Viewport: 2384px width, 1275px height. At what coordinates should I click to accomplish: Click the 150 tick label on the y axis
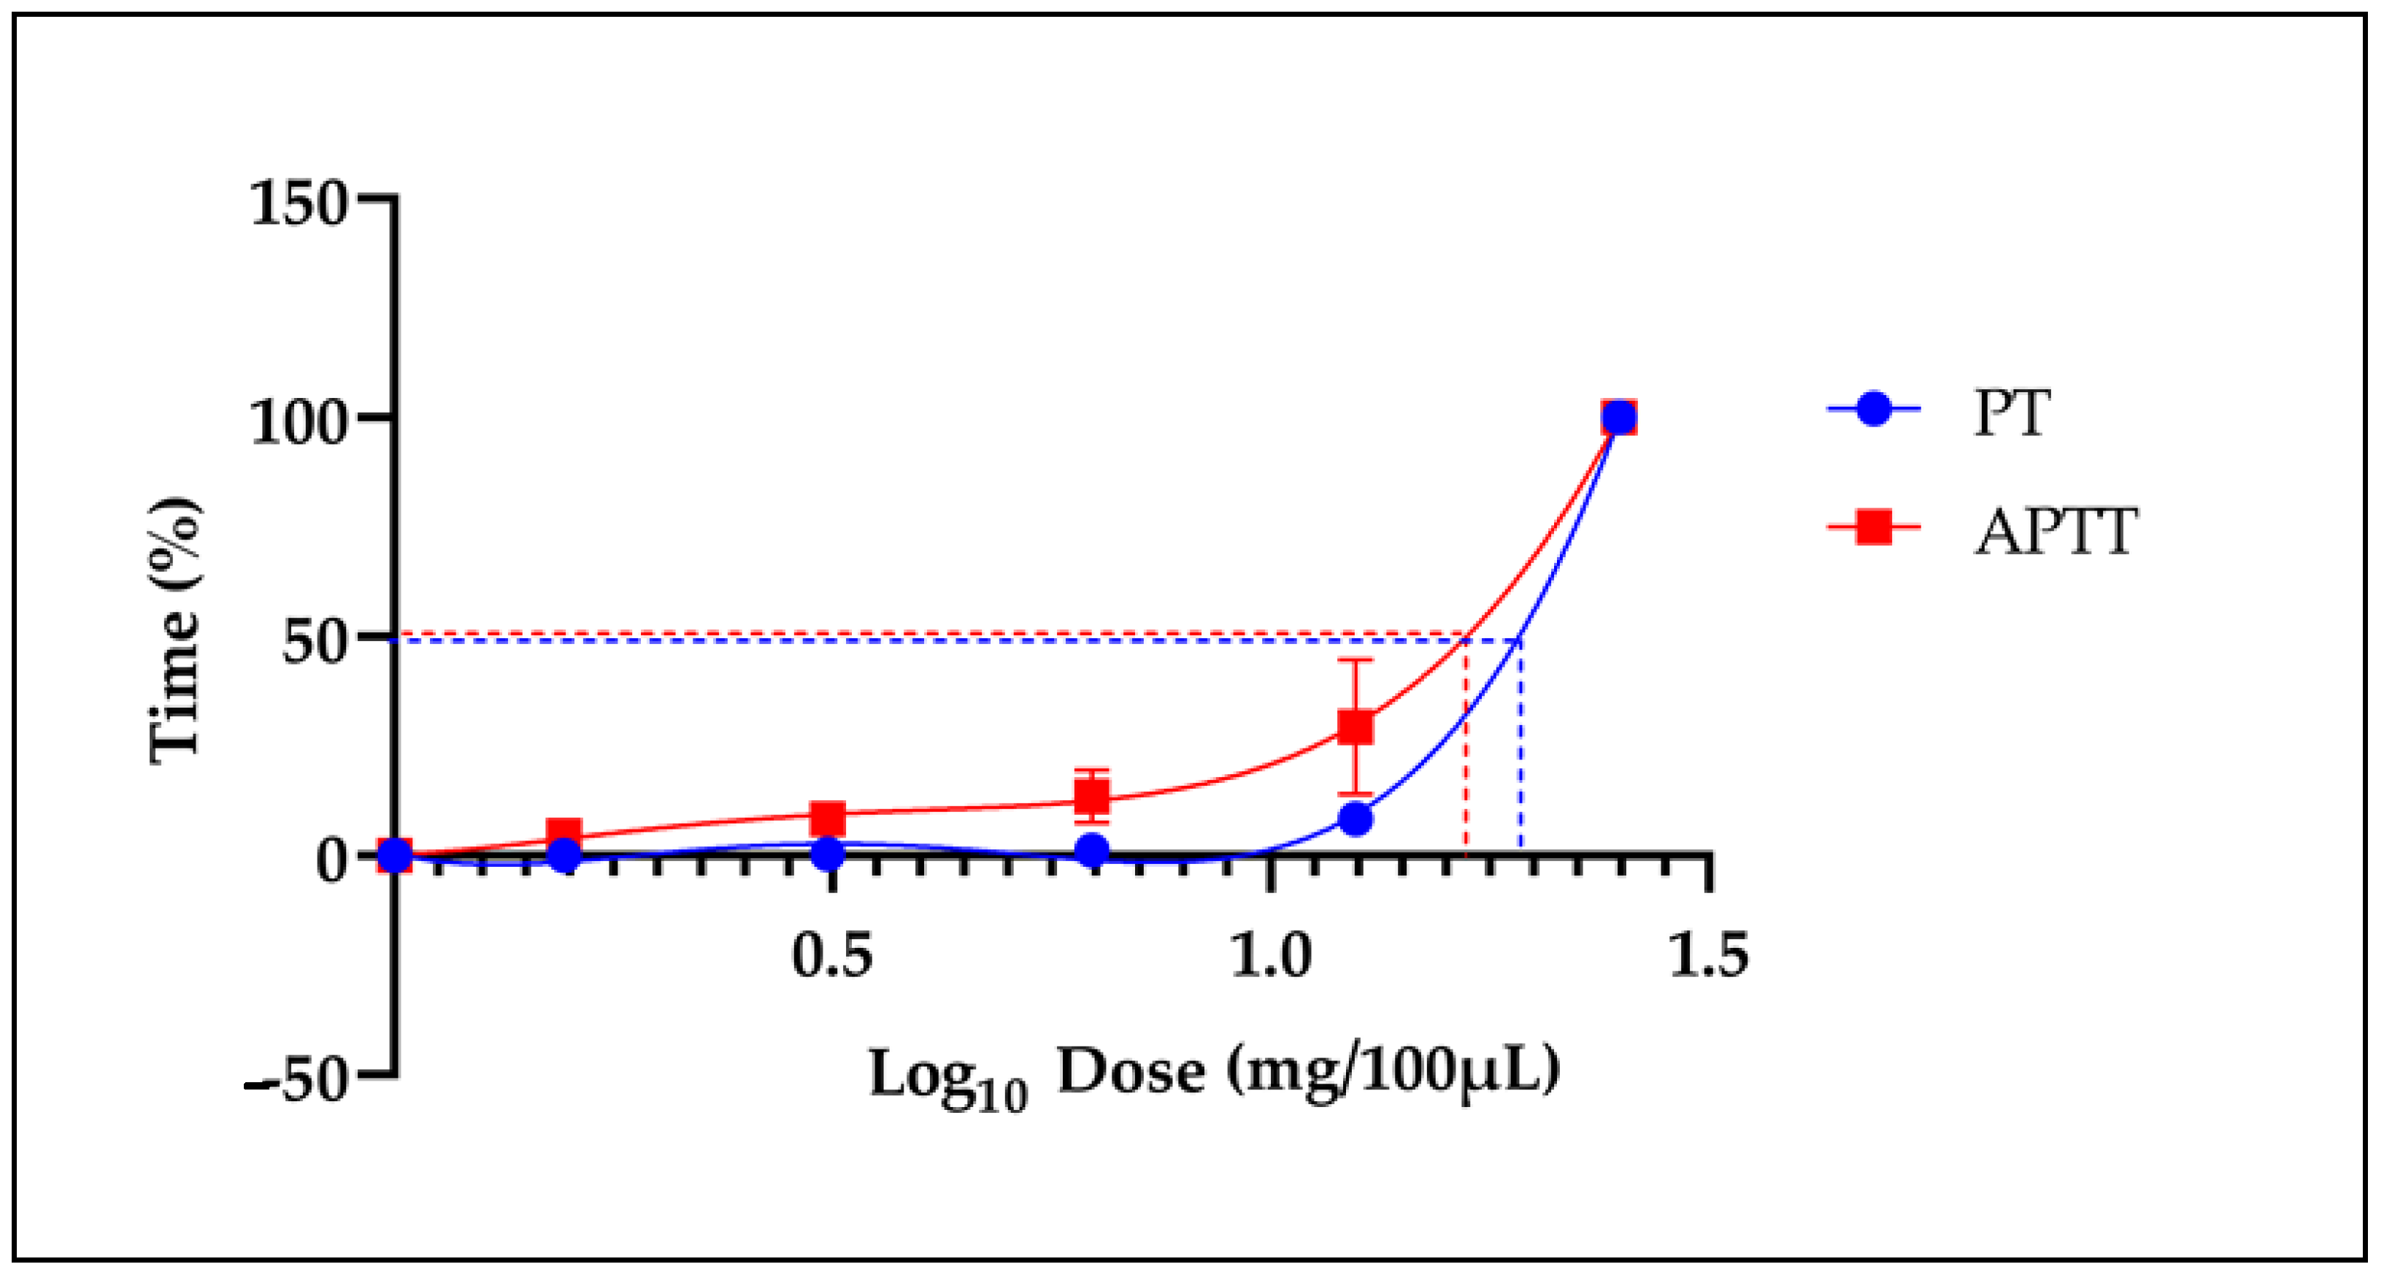tap(298, 204)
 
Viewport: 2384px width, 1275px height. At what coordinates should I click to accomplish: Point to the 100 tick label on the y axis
tap(298, 424)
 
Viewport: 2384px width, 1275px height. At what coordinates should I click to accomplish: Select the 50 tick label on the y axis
tap(313, 643)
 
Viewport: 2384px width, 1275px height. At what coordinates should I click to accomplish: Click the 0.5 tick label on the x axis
tap(832, 956)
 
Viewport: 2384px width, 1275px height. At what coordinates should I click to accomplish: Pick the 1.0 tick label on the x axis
tap(1272, 956)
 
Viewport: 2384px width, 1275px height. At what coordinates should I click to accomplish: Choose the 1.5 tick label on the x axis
tap(1708, 956)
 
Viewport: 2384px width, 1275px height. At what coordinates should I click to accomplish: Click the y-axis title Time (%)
tap(176, 629)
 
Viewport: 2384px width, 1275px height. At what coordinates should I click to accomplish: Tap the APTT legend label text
tap(2056, 532)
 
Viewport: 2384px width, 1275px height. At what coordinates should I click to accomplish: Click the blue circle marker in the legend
tap(1873, 408)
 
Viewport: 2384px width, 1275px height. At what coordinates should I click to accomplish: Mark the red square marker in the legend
tap(1873, 529)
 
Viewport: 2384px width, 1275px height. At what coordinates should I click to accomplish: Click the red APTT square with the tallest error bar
tap(1356, 728)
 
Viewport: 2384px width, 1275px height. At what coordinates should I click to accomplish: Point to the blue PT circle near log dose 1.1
tap(1356, 819)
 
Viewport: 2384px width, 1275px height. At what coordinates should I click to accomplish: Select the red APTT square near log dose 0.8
tap(1093, 795)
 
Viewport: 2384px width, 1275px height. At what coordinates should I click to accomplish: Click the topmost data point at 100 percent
tap(1618, 418)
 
